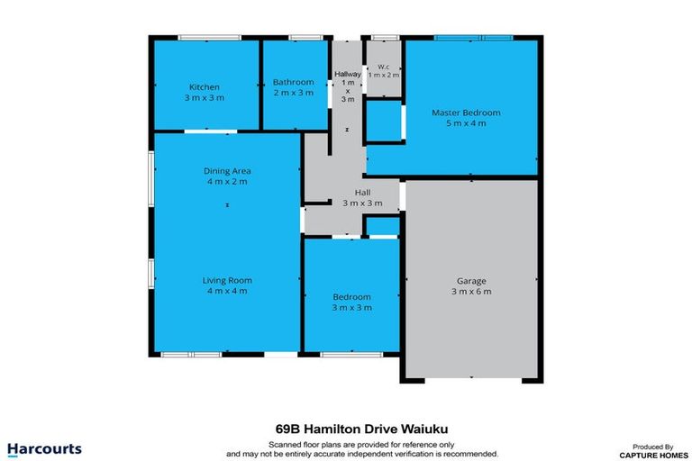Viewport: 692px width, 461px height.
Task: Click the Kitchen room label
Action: point(205,87)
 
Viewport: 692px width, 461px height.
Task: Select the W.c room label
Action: point(383,66)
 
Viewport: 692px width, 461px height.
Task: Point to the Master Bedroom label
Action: point(466,113)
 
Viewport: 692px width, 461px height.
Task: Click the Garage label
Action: point(471,280)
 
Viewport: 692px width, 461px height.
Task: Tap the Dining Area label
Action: point(226,170)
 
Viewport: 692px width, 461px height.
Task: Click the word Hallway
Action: point(348,74)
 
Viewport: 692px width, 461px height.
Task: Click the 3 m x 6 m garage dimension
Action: point(471,292)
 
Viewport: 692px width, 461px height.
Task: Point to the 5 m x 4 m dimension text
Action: point(466,123)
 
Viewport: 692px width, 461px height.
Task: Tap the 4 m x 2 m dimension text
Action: point(226,181)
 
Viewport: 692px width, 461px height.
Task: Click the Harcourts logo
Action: point(44,448)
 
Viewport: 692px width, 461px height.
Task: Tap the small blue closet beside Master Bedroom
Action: point(383,122)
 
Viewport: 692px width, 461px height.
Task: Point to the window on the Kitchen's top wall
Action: point(209,38)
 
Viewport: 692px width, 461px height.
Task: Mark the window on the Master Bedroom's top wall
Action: point(473,38)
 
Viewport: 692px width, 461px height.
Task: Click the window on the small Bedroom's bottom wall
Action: point(343,354)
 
